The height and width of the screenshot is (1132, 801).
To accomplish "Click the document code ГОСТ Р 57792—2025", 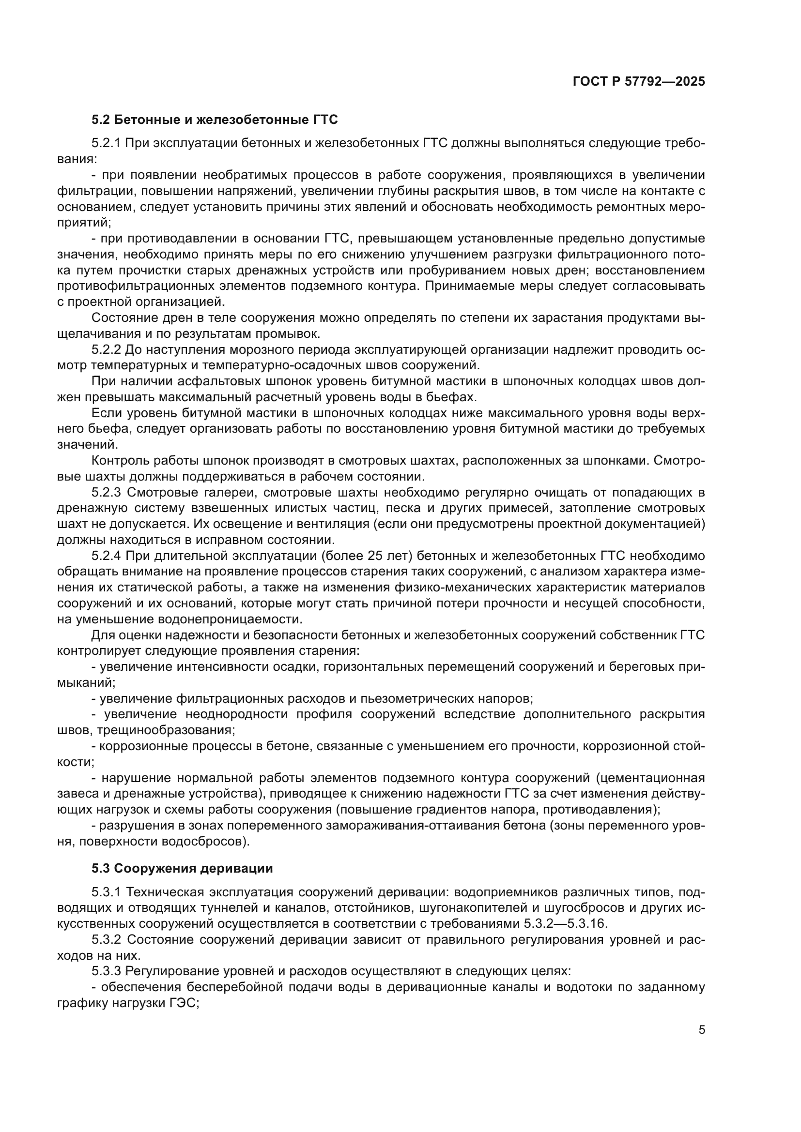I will [x=639, y=81].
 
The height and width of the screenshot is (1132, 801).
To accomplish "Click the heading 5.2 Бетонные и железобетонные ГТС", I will [x=215, y=120].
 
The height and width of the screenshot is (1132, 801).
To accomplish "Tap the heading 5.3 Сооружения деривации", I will [x=182, y=868].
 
